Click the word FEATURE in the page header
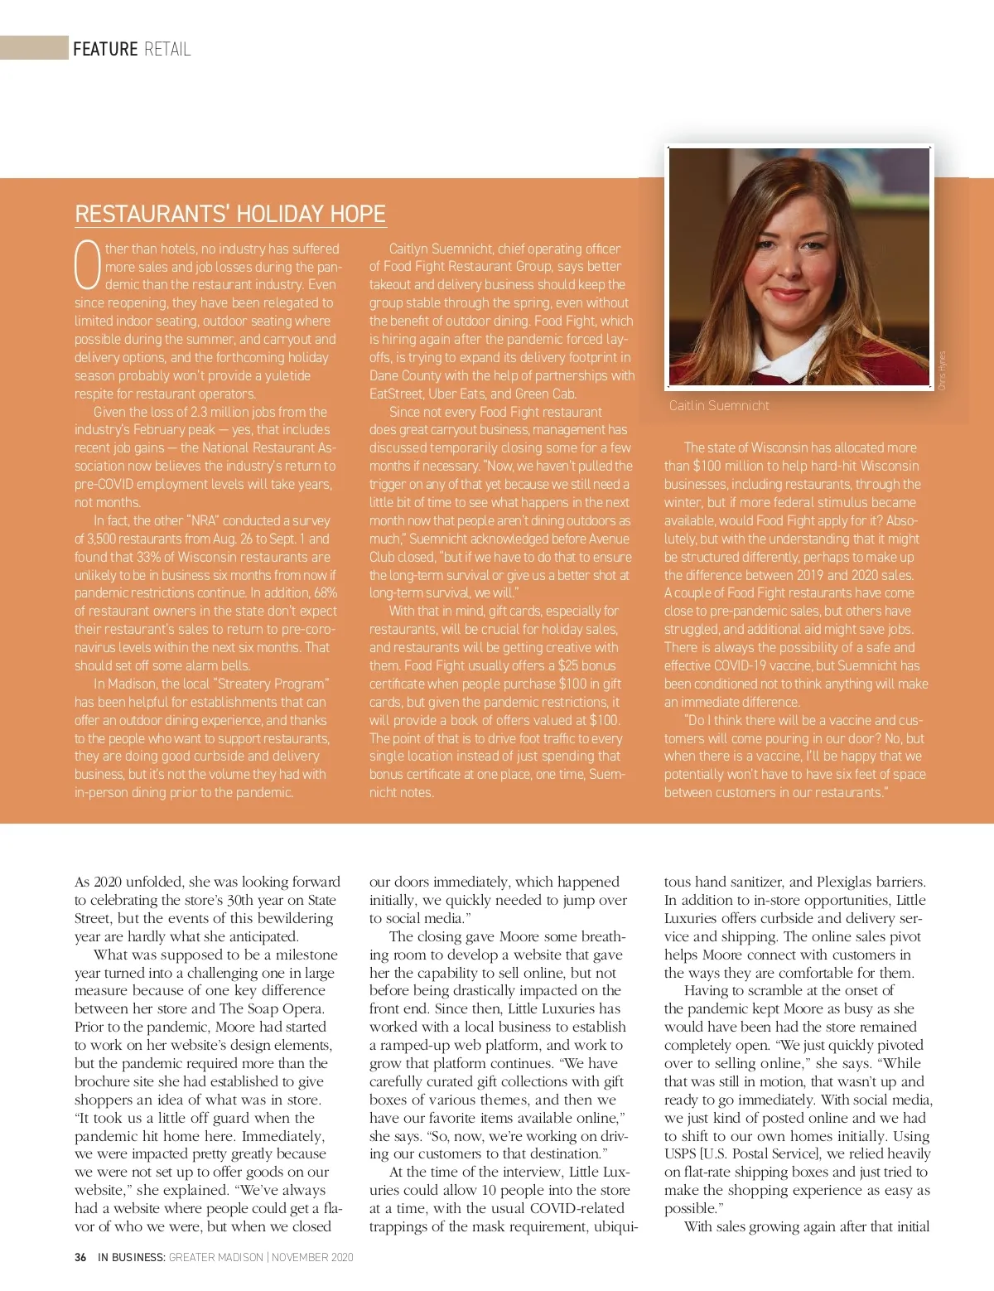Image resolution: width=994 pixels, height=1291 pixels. tap(105, 49)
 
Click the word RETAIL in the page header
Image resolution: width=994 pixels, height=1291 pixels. tap(167, 49)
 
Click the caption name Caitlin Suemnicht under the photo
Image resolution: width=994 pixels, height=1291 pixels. tap(719, 405)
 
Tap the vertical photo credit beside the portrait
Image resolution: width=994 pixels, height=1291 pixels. tap(942, 370)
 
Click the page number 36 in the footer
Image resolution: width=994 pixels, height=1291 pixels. tap(80, 1257)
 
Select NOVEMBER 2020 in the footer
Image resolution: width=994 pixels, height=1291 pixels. tap(312, 1257)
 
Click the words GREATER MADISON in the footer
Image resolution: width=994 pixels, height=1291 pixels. tap(215, 1257)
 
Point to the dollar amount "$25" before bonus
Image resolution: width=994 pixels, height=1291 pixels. tap(568, 665)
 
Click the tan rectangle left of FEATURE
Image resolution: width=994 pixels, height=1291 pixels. tap(34, 47)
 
